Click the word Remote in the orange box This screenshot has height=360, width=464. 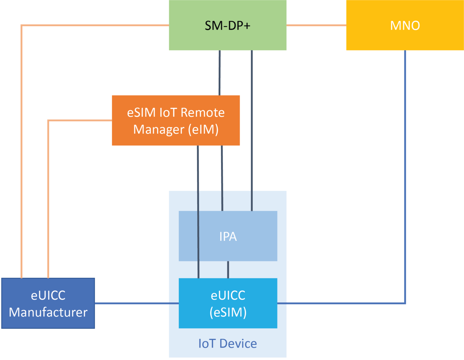coord(202,112)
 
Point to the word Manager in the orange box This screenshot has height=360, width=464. coord(159,129)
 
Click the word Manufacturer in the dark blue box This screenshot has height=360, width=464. coord(48,312)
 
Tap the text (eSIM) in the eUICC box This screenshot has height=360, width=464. coord(228,312)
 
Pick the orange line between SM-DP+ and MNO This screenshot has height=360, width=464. coord(316,25)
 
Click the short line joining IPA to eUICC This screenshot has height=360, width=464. coord(228,270)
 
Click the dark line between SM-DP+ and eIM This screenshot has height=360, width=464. coord(220,73)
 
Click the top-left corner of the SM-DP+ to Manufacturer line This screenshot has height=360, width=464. coord(21,26)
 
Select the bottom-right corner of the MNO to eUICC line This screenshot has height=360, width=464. coord(405,303)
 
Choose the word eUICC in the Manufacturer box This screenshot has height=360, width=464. coord(48,295)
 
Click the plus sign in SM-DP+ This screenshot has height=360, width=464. coord(247,26)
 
